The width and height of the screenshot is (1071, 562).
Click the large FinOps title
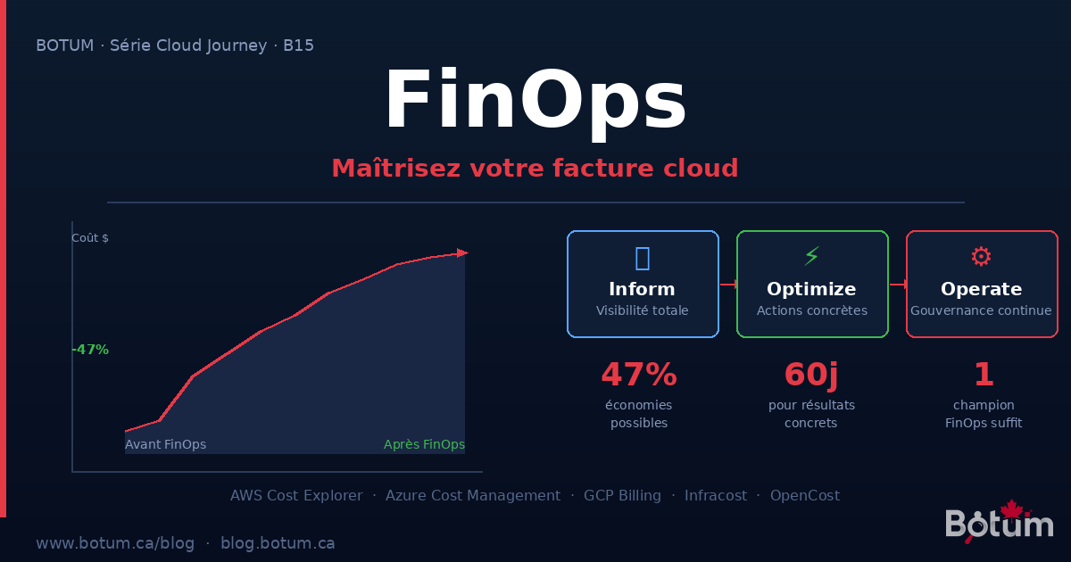pos(535,101)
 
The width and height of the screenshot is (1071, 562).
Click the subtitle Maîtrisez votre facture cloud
pos(535,168)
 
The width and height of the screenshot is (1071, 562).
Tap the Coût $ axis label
pos(90,238)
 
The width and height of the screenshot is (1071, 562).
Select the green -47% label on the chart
pos(90,350)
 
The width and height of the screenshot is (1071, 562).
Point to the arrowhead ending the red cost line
pos(461,253)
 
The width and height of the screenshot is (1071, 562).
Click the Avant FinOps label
pos(165,444)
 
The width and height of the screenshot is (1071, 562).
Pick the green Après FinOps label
pos(424,444)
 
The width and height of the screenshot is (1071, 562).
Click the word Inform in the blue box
pos(642,289)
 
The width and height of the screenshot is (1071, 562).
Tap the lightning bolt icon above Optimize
pos(811,257)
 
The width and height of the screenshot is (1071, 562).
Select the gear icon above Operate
pos(981,257)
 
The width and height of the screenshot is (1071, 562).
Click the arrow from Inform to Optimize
pos(728,285)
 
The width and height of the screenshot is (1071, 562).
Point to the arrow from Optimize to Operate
pos(898,285)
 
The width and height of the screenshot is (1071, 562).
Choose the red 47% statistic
pos(639,375)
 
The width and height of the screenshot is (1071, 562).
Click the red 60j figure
pos(811,375)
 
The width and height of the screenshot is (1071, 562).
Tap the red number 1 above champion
pos(984,375)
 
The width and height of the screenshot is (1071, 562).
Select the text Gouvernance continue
pos(981,310)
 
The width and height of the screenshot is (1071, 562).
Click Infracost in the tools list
pos(716,495)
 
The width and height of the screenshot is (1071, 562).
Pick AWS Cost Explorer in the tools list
pos(296,495)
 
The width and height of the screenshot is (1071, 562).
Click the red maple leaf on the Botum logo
pos(1011,509)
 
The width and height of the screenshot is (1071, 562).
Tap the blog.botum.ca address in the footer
pos(278,542)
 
